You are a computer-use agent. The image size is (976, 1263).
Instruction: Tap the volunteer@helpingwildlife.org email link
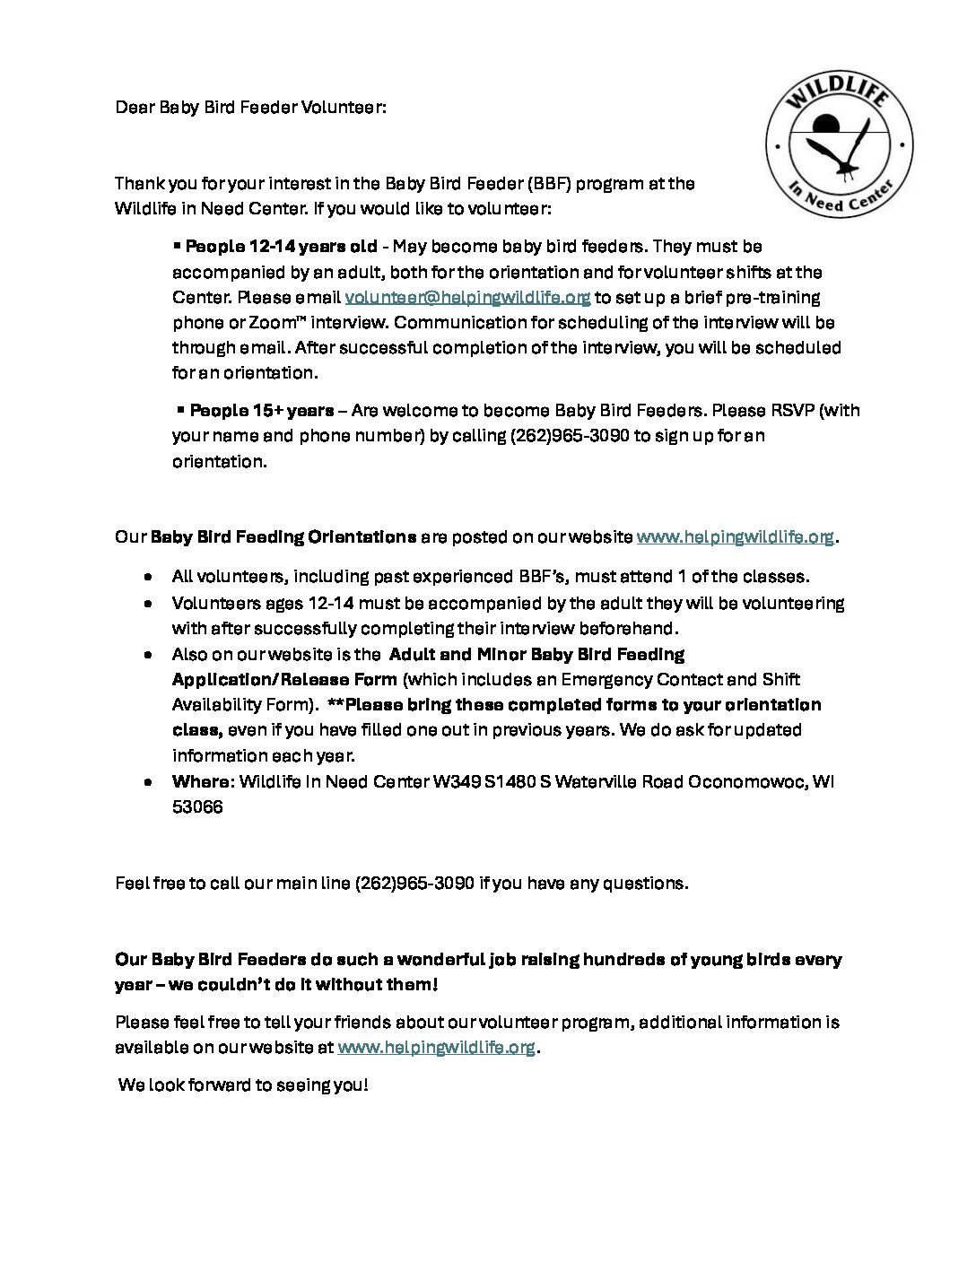point(467,297)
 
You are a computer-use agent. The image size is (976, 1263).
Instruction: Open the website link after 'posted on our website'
point(735,537)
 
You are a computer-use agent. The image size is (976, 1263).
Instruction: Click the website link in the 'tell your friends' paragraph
point(437,1047)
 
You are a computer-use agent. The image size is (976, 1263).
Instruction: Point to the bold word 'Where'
point(200,781)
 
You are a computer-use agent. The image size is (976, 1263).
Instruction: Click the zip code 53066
point(197,806)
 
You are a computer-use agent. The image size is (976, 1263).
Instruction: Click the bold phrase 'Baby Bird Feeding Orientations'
point(283,537)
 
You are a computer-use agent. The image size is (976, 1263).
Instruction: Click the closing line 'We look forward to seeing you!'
point(243,1084)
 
